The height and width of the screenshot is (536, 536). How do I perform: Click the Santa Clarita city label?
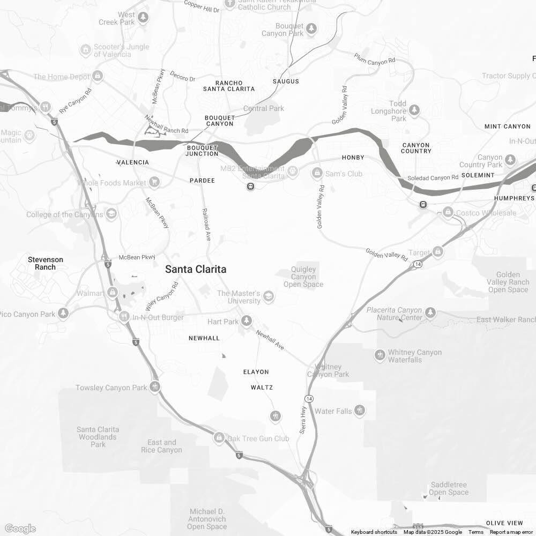(195, 269)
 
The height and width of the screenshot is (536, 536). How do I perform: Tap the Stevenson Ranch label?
(46, 263)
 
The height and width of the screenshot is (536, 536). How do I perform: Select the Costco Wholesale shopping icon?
(448, 213)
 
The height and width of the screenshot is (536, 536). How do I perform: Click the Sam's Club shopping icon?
(317, 173)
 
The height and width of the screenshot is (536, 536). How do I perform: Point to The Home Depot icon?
(98, 77)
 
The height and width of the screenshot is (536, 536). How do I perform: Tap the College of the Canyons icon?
(111, 214)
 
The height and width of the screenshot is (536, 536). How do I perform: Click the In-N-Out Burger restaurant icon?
(124, 317)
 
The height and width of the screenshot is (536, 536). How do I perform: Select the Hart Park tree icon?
(247, 321)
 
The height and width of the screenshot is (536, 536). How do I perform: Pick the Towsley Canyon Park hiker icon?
(155, 386)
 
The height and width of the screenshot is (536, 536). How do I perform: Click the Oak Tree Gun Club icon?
(219, 438)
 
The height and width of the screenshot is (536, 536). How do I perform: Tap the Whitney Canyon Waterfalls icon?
(379, 355)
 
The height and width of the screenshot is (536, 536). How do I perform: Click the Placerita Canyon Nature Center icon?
(430, 312)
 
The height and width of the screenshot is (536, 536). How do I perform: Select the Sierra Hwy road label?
(303, 419)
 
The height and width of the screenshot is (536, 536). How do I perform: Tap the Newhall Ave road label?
(270, 340)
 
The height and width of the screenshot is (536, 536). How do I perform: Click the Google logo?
(20, 528)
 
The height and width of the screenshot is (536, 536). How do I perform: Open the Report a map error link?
(512, 532)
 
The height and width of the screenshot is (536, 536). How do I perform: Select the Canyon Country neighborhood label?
(416, 148)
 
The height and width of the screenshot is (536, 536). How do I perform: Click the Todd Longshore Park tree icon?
(414, 110)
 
